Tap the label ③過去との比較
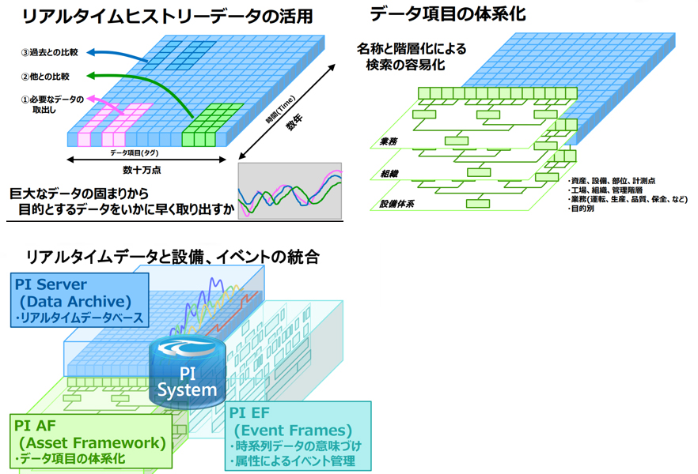click(x=48, y=53)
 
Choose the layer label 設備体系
click(x=393, y=205)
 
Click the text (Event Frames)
click(x=293, y=430)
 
